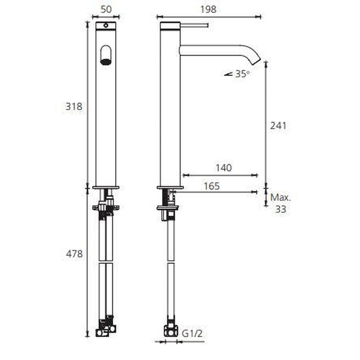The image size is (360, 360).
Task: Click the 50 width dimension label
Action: [x=106, y=9]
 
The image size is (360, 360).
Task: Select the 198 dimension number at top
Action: [x=208, y=9]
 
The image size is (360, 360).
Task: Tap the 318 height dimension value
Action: [x=74, y=106]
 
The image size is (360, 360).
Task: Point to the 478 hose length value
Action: [x=74, y=254]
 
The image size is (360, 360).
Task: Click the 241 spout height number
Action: [x=278, y=126]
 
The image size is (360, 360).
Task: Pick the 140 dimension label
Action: [x=224, y=168]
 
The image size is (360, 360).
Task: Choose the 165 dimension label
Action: [x=212, y=186]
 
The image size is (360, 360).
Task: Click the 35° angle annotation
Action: [x=242, y=74]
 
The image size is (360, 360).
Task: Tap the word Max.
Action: [x=281, y=197]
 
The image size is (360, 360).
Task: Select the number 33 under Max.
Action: [x=281, y=209]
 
